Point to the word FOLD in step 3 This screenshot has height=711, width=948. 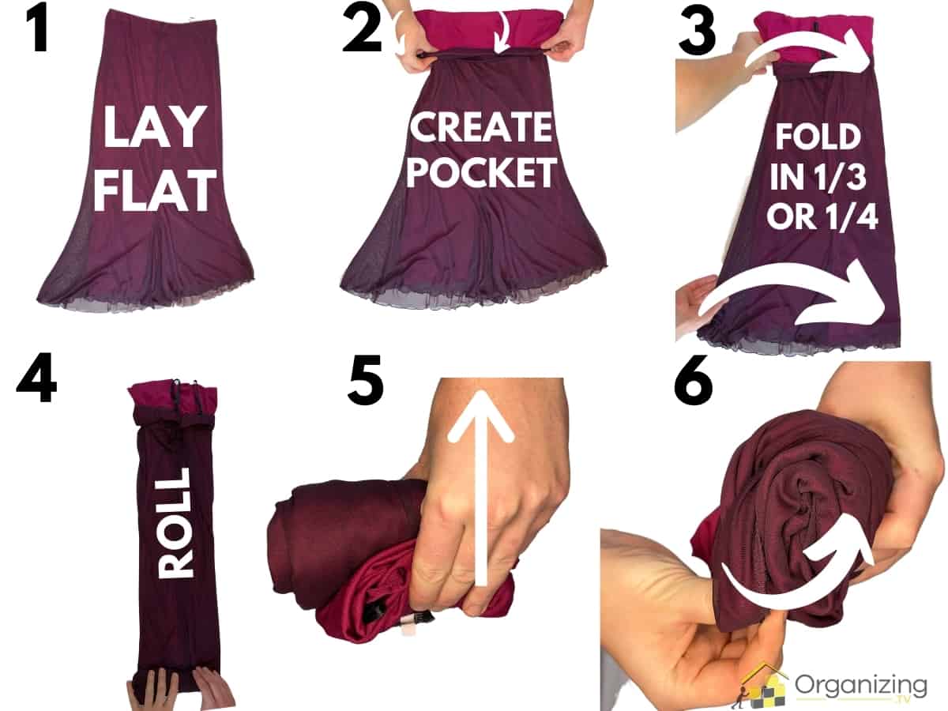[817, 137]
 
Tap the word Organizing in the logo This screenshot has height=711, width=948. [861, 684]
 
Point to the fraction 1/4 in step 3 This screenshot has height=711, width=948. [850, 216]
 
